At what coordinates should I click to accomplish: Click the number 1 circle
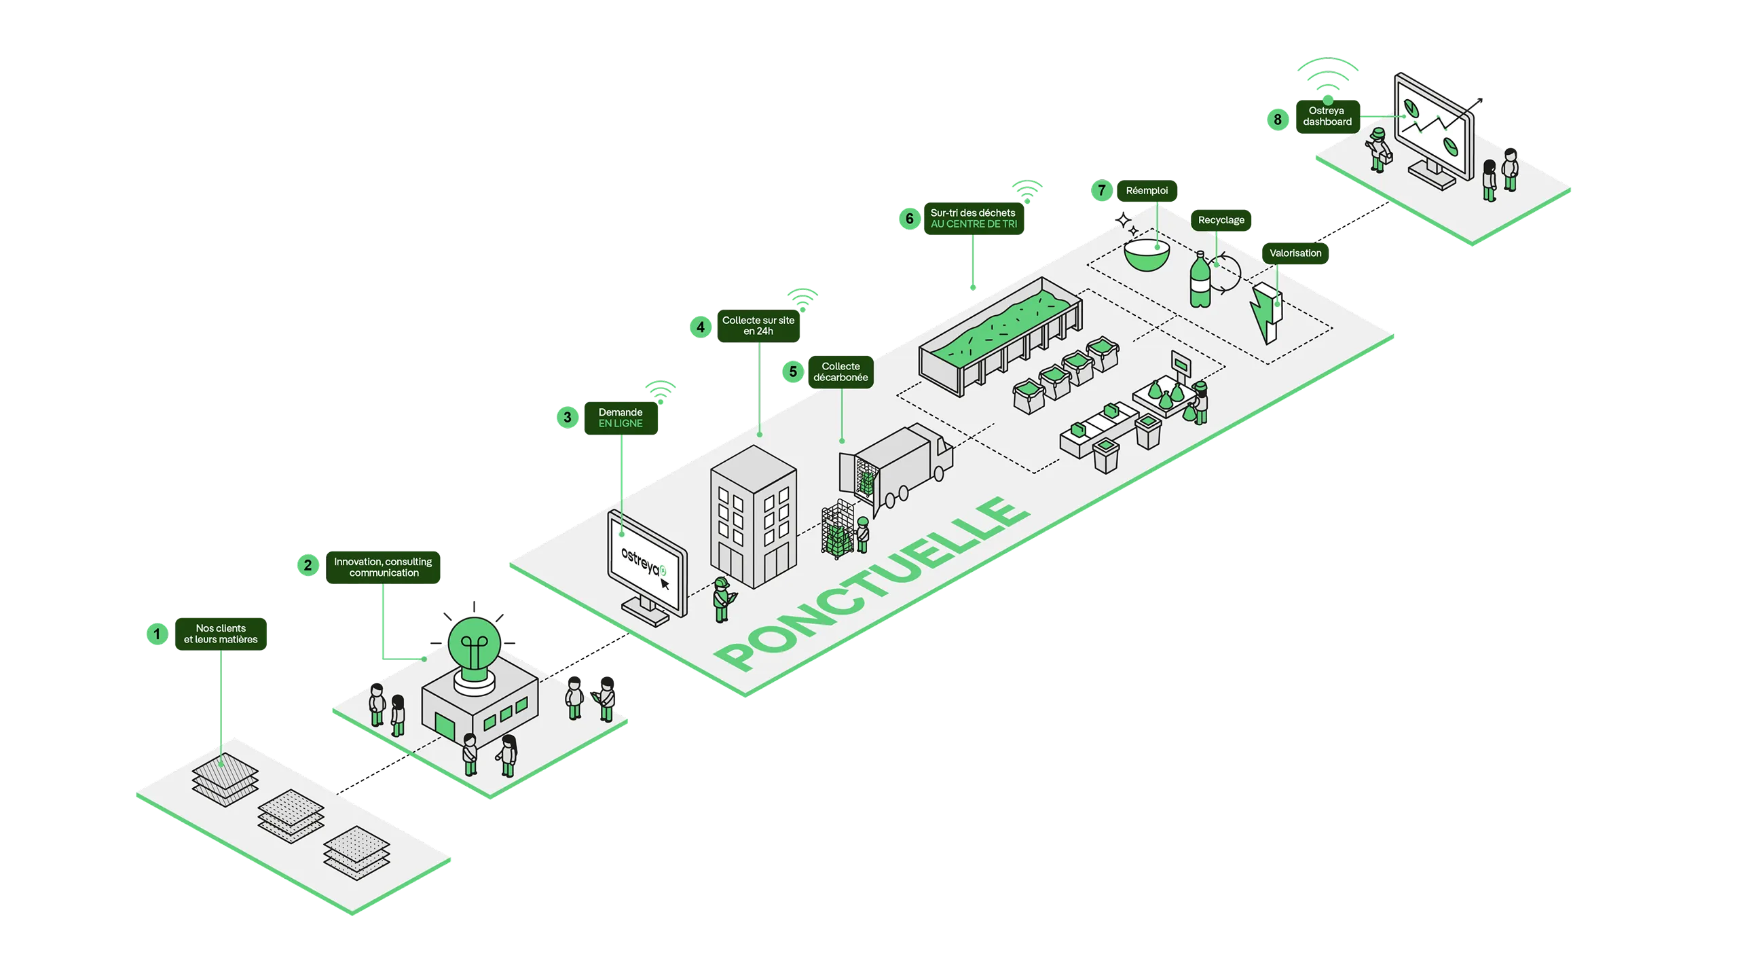(157, 634)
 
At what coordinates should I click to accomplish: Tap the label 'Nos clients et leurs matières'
(221, 634)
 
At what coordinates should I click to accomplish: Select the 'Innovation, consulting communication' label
(383, 567)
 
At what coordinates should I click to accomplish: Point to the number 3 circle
(567, 417)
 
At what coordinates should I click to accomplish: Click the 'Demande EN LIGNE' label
(621, 418)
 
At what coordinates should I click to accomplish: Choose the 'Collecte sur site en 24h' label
(758, 325)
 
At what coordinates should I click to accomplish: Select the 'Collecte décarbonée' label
(840, 372)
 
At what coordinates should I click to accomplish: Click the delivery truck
(896, 469)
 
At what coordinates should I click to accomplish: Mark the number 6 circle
(909, 218)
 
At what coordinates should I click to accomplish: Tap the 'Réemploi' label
(1147, 190)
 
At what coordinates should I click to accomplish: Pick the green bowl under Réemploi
(1147, 255)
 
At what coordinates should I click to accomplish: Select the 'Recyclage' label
(1221, 220)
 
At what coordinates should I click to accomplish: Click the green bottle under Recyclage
(1200, 280)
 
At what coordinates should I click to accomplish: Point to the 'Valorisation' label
(1295, 253)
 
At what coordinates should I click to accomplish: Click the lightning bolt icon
(1265, 312)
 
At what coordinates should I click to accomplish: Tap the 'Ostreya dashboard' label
(1327, 116)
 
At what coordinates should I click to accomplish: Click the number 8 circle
(1277, 120)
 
